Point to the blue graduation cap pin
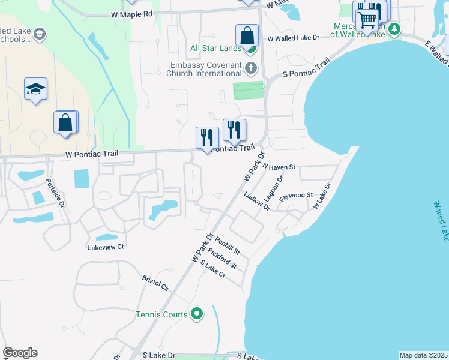coord(35,89)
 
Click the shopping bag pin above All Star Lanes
coord(247,35)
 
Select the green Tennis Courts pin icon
coord(196,313)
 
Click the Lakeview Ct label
coord(106,247)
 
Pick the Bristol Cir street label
coord(155,283)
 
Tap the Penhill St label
coord(228,245)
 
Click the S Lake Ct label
coord(212,269)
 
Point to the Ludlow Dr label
coord(257,200)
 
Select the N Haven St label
coord(278,167)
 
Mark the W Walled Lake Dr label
coord(293,38)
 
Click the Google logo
coord(20,353)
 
